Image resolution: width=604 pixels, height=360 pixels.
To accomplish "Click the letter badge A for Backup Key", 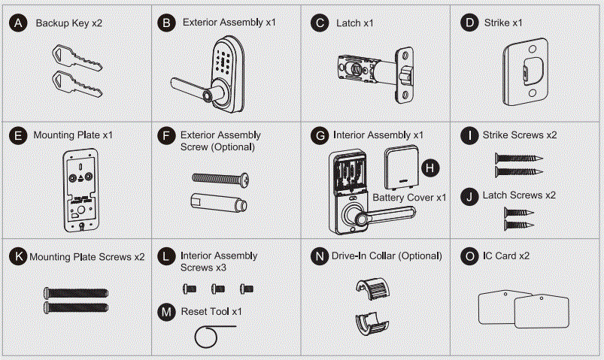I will (17, 23).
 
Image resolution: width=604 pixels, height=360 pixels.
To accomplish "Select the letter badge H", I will (429, 168).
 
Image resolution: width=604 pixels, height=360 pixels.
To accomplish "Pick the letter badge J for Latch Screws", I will (470, 195).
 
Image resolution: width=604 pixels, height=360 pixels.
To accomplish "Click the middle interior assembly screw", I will (217, 288).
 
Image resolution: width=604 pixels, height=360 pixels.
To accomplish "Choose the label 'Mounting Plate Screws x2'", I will (87, 257).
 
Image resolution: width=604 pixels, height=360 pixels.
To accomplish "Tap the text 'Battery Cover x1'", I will (410, 197).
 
